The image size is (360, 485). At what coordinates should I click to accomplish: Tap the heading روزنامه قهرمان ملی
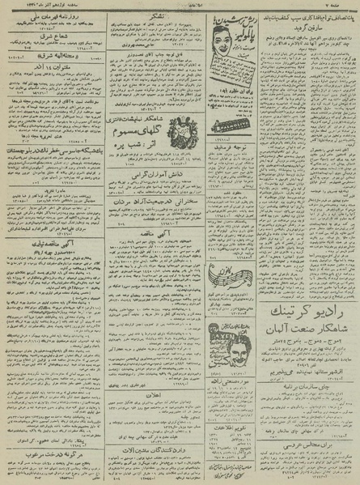pos(50,19)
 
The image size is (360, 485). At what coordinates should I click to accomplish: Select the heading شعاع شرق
pos(50,48)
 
